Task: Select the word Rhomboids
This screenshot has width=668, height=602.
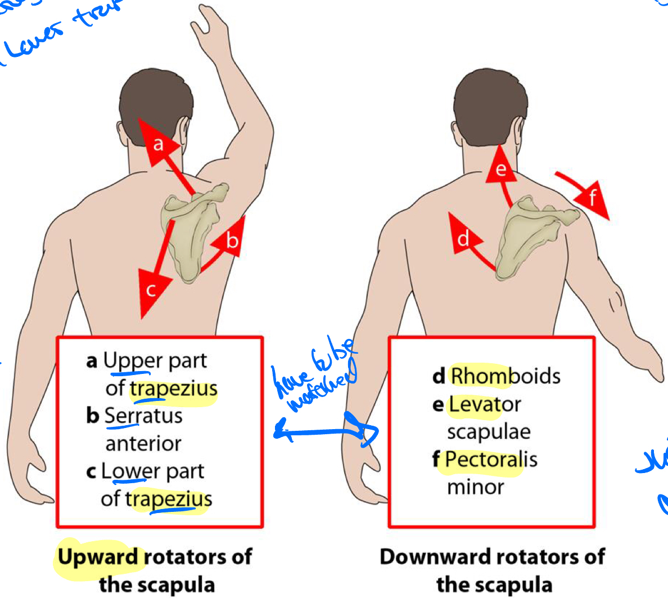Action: pyautogui.click(x=505, y=376)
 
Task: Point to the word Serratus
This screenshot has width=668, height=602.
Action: pyautogui.click(x=143, y=416)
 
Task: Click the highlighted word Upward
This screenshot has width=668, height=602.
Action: pyautogui.click(x=98, y=557)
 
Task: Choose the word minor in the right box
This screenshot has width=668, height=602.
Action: pyautogui.click(x=475, y=487)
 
